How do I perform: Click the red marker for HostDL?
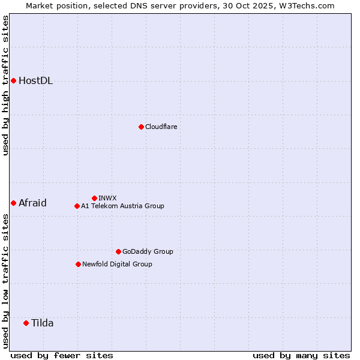coord(13,80)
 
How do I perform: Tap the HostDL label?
coord(35,81)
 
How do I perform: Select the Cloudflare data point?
coord(141,127)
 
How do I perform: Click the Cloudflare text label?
coord(161,127)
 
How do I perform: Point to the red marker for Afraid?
coord(13,203)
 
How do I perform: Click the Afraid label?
coord(32,203)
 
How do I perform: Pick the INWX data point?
coord(94,198)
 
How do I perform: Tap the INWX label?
coord(107,198)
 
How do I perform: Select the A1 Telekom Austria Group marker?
coord(77,206)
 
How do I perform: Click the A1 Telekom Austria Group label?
coord(122,206)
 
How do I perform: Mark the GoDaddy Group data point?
coord(118,251)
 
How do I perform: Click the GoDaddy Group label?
coord(147,251)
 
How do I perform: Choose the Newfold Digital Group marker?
coord(78,264)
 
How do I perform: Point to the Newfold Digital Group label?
coord(117,264)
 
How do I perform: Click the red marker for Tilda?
coord(26,323)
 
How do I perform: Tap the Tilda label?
coord(42,323)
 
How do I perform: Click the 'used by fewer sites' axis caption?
coord(62,355)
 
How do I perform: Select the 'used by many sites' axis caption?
coord(301,355)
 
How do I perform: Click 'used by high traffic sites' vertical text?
coord(5,85)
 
